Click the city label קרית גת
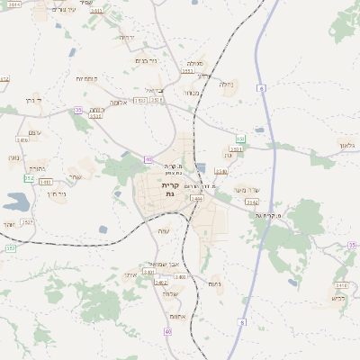click(169, 189)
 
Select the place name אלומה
click(119, 103)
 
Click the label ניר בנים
click(145, 60)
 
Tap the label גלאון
click(346, 144)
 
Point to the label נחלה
click(226, 85)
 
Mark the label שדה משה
click(246, 190)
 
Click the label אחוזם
click(176, 317)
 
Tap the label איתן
click(130, 274)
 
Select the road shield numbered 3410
click(96, 11)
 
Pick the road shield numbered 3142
click(252, 202)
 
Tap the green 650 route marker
click(240, 139)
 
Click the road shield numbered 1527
click(27, 221)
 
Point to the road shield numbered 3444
click(196, 198)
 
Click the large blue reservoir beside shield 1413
click(15, 202)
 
